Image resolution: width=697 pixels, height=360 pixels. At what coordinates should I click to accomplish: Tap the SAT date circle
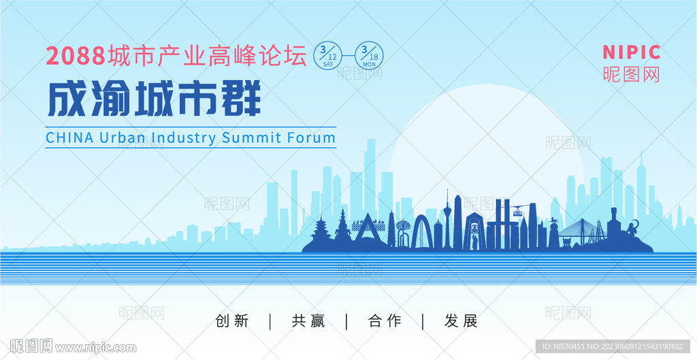point(327,55)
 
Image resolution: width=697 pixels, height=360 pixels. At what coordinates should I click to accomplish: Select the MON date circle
point(369,55)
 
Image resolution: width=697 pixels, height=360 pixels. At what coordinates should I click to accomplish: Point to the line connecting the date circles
point(348,56)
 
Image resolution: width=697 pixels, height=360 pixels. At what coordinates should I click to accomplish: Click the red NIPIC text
point(631,52)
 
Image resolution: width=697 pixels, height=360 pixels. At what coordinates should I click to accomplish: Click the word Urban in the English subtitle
point(122,137)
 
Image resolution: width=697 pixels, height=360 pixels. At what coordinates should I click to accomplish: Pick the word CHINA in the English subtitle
point(70,137)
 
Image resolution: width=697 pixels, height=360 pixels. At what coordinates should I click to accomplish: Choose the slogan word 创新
point(232,321)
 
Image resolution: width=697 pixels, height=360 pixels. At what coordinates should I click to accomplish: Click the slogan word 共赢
point(308,321)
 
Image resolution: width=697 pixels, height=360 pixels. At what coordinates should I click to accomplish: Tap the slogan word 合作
point(385,321)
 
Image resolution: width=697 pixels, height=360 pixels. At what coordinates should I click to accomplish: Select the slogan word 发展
point(461,321)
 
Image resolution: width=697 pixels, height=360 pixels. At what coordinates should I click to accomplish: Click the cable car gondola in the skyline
point(517,212)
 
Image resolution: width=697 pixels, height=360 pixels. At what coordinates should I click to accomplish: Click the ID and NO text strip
point(613,346)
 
